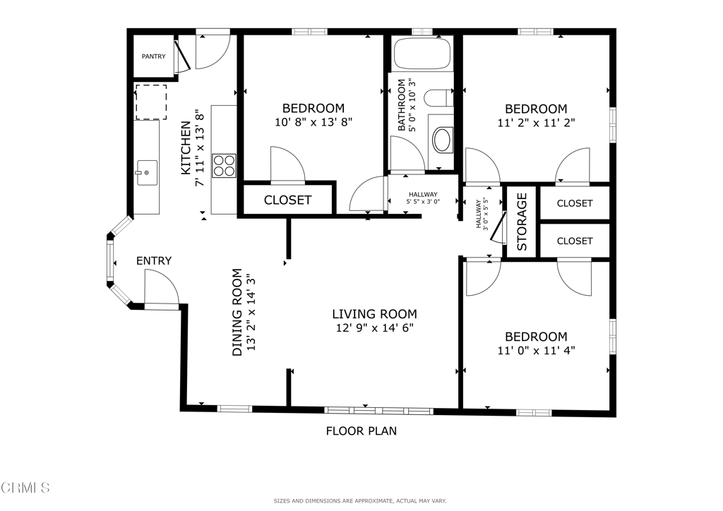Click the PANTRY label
point(153,56)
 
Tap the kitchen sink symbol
point(147,172)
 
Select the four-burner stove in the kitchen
point(224,166)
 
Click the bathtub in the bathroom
point(422,54)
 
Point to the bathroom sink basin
point(442,140)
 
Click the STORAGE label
point(522,222)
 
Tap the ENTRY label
point(154,261)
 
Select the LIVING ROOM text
point(374,314)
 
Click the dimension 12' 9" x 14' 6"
point(374,327)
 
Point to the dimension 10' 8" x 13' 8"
point(313,121)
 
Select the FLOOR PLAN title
point(361,431)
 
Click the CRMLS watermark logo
point(25,487)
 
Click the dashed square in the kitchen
point(150,102)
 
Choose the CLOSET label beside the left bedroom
point(287,200)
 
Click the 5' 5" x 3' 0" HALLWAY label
point(423,198)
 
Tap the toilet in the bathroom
point(442,97)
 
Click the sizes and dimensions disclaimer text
point(360,501)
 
